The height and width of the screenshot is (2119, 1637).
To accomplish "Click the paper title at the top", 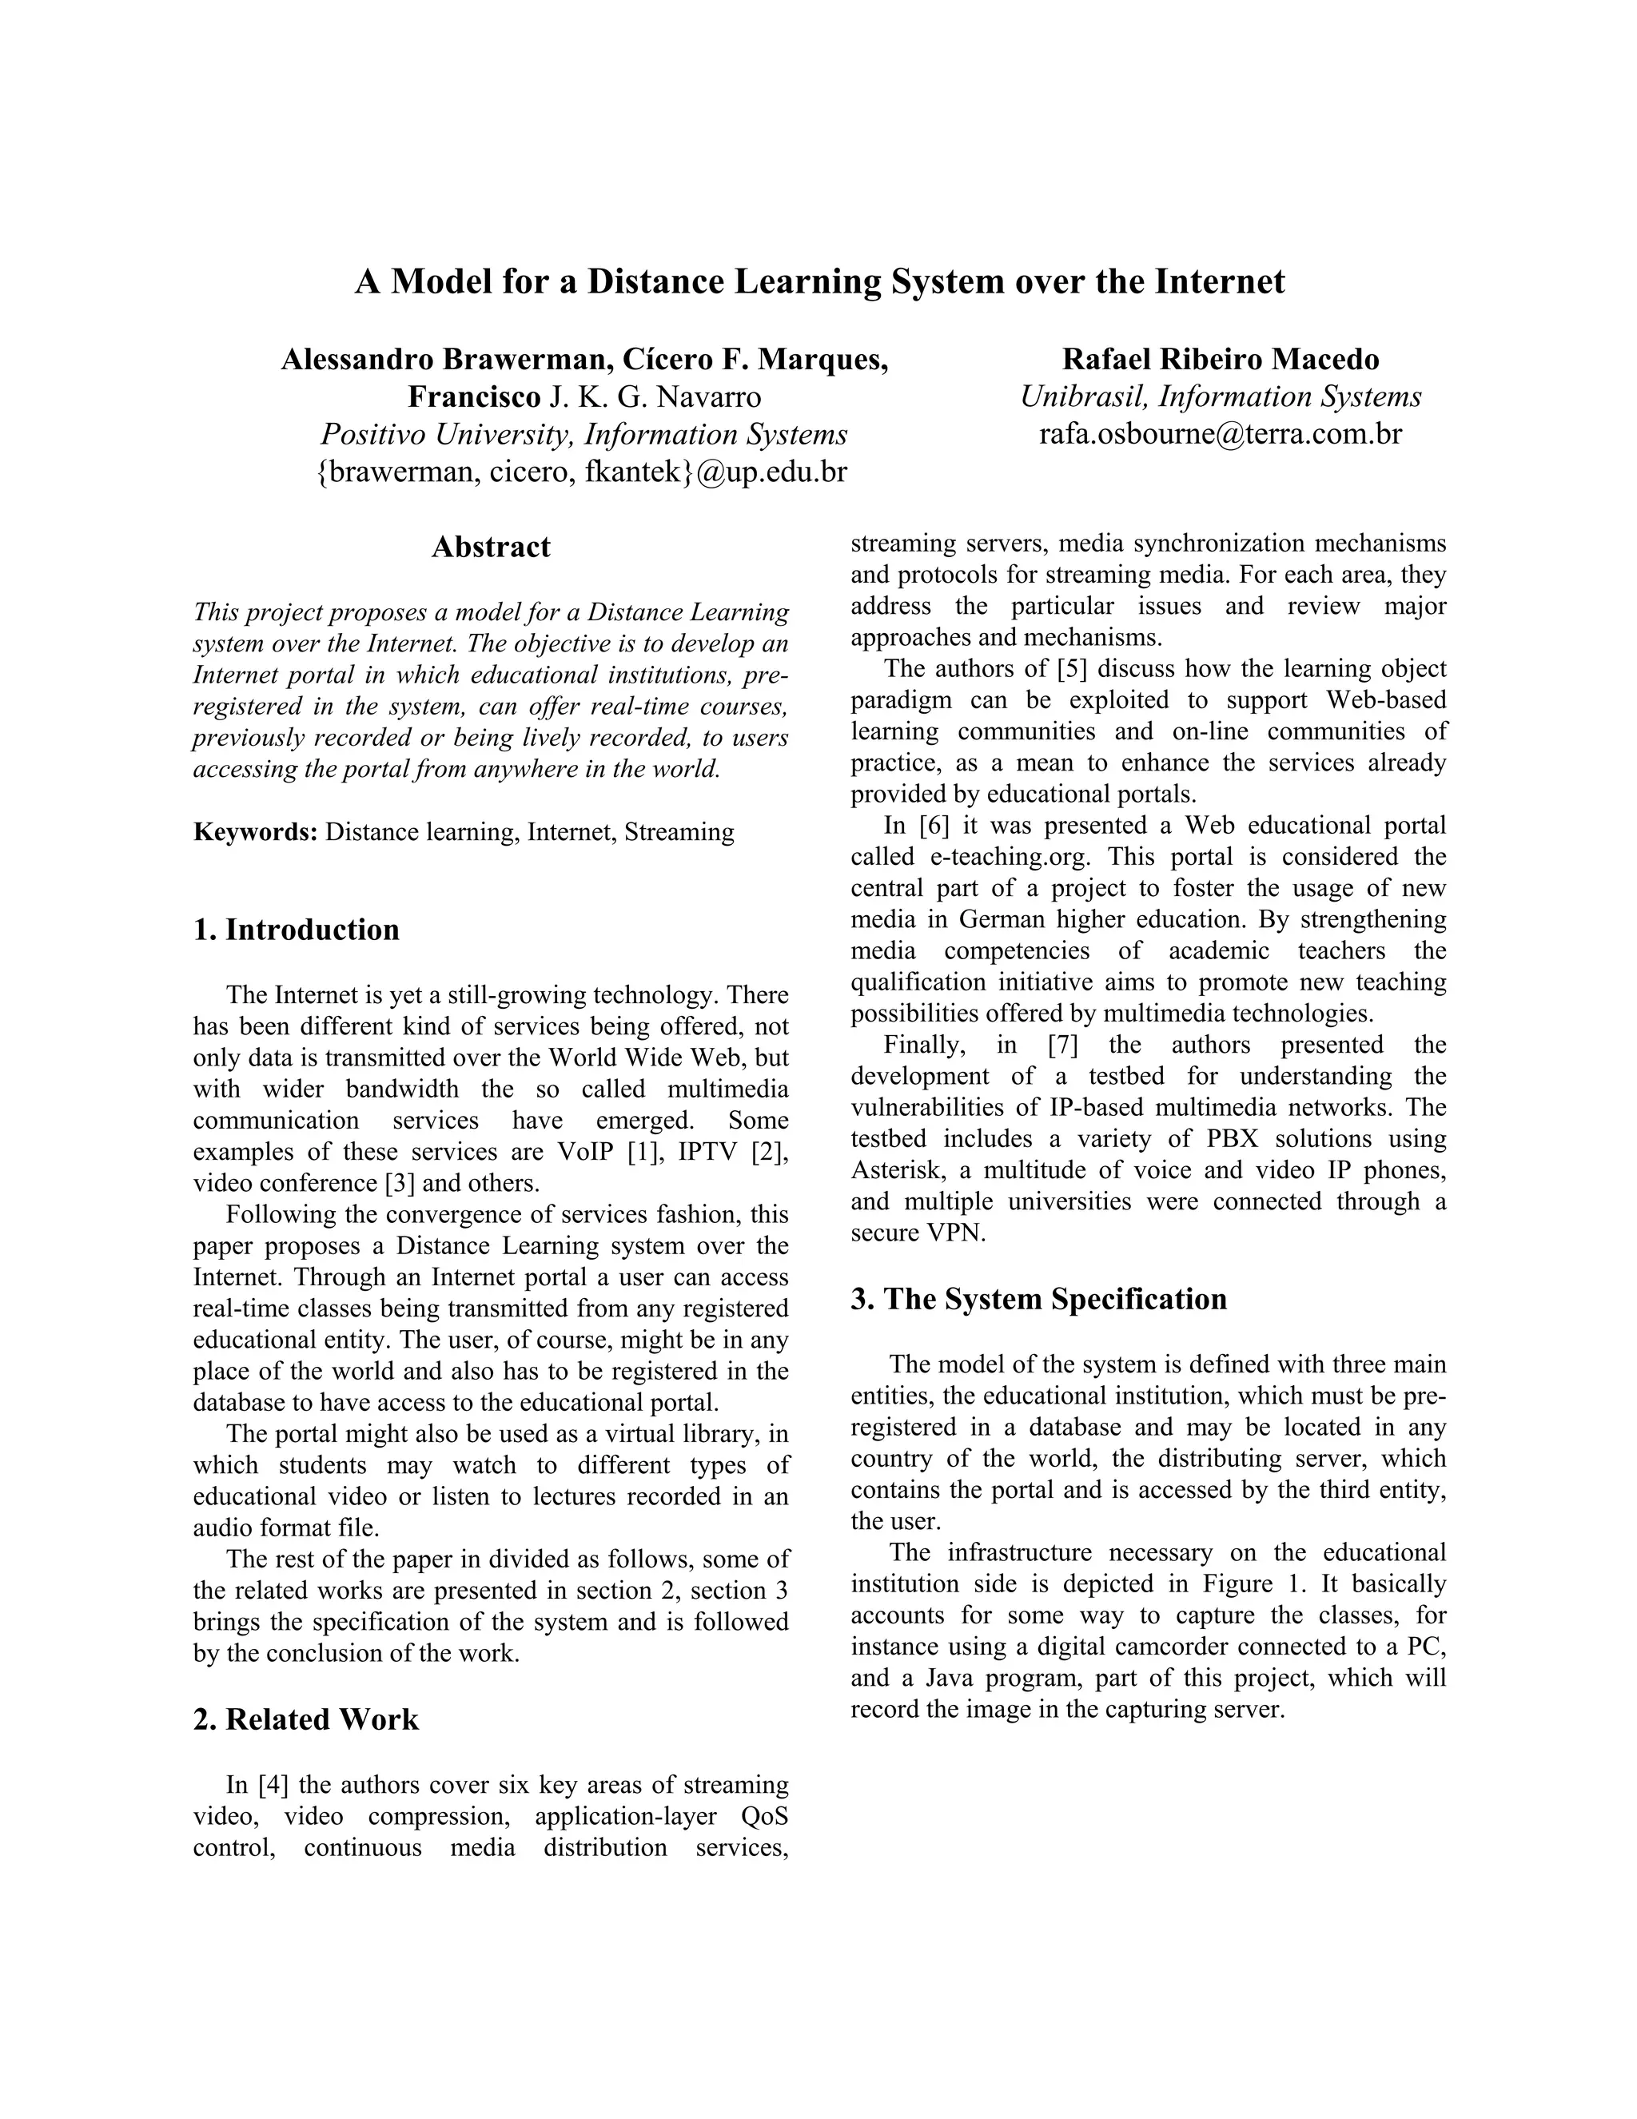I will (x=819, y=281).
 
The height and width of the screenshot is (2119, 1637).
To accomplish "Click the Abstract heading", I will (x=490, y=548).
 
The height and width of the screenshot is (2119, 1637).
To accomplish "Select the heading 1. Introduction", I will (x=296, y=930).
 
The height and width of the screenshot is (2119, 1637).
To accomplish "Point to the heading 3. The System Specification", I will (x=1038, y=1299).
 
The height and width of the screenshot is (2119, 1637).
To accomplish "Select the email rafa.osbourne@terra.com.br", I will (x=1220, y=434).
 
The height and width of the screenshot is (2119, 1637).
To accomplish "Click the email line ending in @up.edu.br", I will (x=582, y=472).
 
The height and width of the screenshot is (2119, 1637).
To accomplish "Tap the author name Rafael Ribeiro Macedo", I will (x=1220, y=360).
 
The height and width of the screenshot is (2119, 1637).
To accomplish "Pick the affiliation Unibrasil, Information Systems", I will (x=1220, y=396).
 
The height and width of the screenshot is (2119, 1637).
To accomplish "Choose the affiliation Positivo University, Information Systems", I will (x=584, y=435).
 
